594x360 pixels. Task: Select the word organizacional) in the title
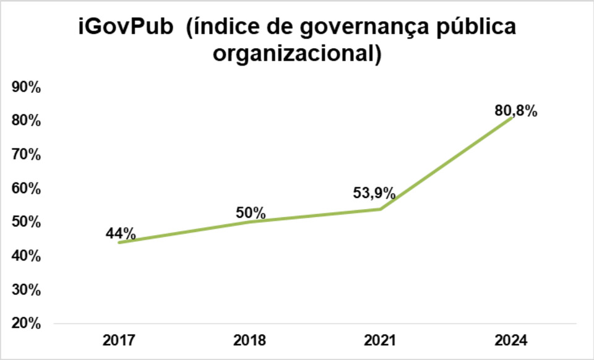coord(296,54)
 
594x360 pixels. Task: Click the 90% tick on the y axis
coord(26,88)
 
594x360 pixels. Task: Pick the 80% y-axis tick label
coord(26,121)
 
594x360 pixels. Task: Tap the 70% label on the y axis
coord(26,155)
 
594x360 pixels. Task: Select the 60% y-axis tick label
coord(26,189)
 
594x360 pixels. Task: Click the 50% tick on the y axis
coord(26,222)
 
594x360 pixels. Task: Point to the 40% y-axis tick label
coord(26,256)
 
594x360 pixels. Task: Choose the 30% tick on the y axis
coord(26,290)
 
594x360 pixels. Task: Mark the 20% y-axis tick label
coord(26,324)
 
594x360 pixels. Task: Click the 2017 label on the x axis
coord(119,340)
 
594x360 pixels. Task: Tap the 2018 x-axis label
coord(249,340)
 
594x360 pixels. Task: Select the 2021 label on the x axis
coord(380,340)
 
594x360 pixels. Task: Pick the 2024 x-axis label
coord(510,340)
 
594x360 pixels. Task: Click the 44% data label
coord(120,234)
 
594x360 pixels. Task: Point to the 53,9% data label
coord(374,193)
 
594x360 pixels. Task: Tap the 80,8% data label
coord(515,111)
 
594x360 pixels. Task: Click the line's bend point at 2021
coord(381,208)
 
